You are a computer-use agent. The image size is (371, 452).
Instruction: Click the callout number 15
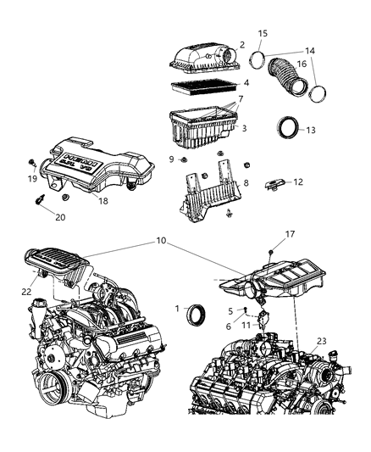[263, 33]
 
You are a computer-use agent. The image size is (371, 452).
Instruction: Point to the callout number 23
[321, 342]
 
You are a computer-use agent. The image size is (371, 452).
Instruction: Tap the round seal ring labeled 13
[288, 129]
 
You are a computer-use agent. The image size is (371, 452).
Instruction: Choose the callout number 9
[171, 158]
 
